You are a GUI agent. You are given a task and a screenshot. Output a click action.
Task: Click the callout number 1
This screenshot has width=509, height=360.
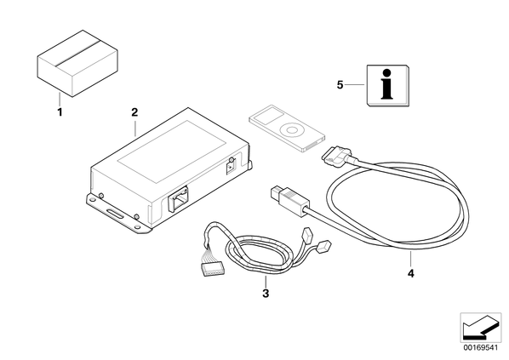tap(60, 112)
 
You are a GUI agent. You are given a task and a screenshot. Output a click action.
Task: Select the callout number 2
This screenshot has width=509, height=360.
tap(134, 112)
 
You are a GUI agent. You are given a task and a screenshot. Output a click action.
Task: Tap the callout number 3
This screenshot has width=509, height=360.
tap(266, 294)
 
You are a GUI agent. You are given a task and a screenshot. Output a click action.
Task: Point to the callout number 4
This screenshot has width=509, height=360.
tap(411, 274)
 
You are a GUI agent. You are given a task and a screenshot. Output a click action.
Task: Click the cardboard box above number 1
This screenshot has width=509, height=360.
tap(77, 63)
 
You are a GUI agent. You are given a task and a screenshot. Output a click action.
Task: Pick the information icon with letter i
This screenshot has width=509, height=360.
tap(387, 85)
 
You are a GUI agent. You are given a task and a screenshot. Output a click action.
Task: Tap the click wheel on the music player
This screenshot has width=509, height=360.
tap(291, 130)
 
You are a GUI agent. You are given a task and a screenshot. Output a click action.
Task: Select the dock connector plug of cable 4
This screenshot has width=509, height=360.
tap(336, 156)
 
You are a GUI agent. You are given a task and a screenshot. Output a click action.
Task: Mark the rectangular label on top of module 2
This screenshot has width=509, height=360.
tap(171, 151)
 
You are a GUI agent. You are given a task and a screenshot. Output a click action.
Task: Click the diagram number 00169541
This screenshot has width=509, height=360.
tap(480, 348)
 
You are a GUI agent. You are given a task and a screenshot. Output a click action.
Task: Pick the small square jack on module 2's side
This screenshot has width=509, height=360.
tap(231, 168)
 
